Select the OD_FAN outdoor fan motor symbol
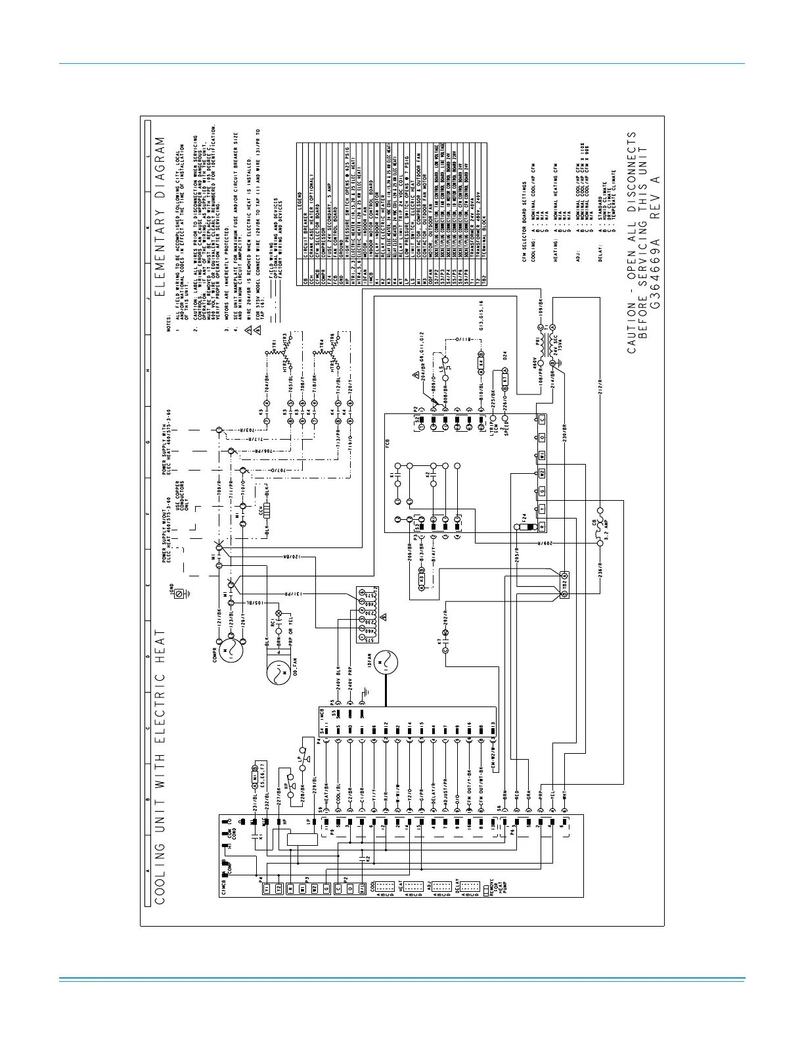pyautogui.click(x=279, y=671)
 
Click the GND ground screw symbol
pyautogui.click(x=178, y=593)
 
